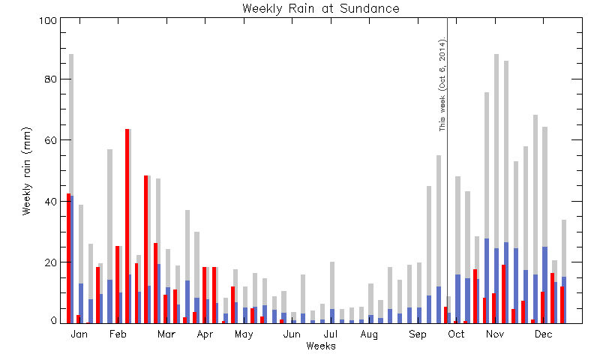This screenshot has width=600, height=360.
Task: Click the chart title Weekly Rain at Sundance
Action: click(321, 8)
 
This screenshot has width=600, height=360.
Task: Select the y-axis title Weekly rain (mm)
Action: click(26, 171)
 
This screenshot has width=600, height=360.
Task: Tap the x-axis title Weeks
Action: click(321, 346)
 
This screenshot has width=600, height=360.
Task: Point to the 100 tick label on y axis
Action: click(48, 20)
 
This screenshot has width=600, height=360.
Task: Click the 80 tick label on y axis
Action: click(50, 79)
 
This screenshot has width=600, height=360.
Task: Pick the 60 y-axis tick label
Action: click(50, 140)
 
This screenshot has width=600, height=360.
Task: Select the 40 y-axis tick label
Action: click(50, 201)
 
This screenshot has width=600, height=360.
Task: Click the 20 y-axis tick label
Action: click(50, 262)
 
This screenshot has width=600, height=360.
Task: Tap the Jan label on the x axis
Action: click(79, 334)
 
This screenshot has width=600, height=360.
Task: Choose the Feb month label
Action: click(118, 334)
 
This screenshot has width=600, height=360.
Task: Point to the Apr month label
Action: click(205, 334)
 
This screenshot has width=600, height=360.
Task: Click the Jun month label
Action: click(292, 334)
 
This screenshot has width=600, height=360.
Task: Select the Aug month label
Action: click(369, 334)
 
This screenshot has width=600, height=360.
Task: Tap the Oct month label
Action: click(456, 334)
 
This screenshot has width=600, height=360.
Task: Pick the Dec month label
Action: click(543, 334)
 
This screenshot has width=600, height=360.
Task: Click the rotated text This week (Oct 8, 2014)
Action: click(442, 84)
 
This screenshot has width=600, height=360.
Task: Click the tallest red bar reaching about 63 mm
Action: click(127, 226)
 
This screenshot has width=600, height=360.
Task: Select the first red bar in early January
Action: click(69, 258)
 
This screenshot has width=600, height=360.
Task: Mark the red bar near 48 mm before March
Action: click(146, 250)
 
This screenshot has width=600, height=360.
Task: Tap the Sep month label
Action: click(418, 334)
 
